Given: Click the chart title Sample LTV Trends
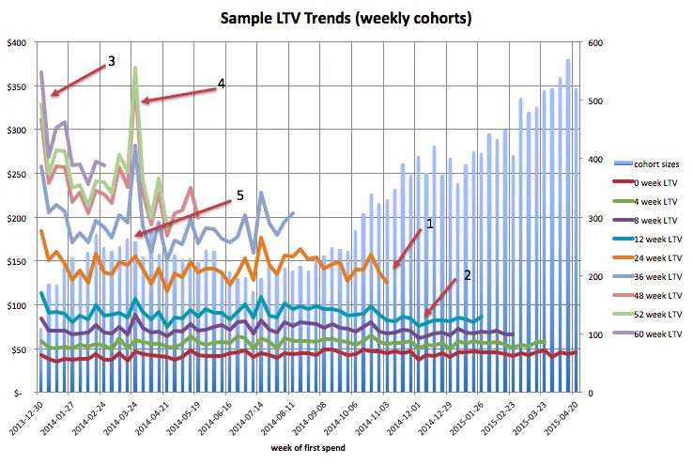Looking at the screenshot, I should pyautogui.click(x=345, y=17).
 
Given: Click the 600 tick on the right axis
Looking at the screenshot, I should pyautogui.click(x=597, y=42).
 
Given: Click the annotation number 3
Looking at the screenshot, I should pyautogui.click(x=112, y=61).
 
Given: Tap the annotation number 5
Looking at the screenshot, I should pyautogui.click(x=239, y=195).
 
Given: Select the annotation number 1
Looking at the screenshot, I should pyautogui.click(x=431, y=225).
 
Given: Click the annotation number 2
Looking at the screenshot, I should pyautogui.click(x=467, y=277).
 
